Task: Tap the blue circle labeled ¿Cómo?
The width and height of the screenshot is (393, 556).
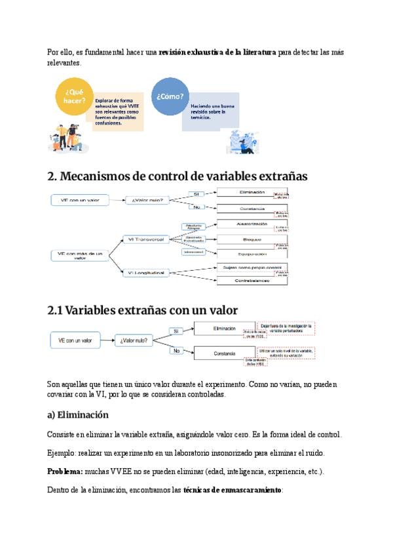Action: [170, 96]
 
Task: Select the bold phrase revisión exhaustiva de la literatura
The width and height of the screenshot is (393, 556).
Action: [217, 52]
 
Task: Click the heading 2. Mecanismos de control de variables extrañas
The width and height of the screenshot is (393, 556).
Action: [178, 176]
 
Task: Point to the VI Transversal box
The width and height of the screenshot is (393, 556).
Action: [146, 240]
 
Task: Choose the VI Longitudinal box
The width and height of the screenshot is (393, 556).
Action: [146, 273]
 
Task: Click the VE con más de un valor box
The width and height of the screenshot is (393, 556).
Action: [80, 256]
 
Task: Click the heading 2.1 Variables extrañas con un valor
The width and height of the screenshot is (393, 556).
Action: [143, 309]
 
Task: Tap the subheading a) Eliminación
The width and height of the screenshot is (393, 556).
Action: [78, 415]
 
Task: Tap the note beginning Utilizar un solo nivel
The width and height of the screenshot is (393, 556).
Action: [287, 352]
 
